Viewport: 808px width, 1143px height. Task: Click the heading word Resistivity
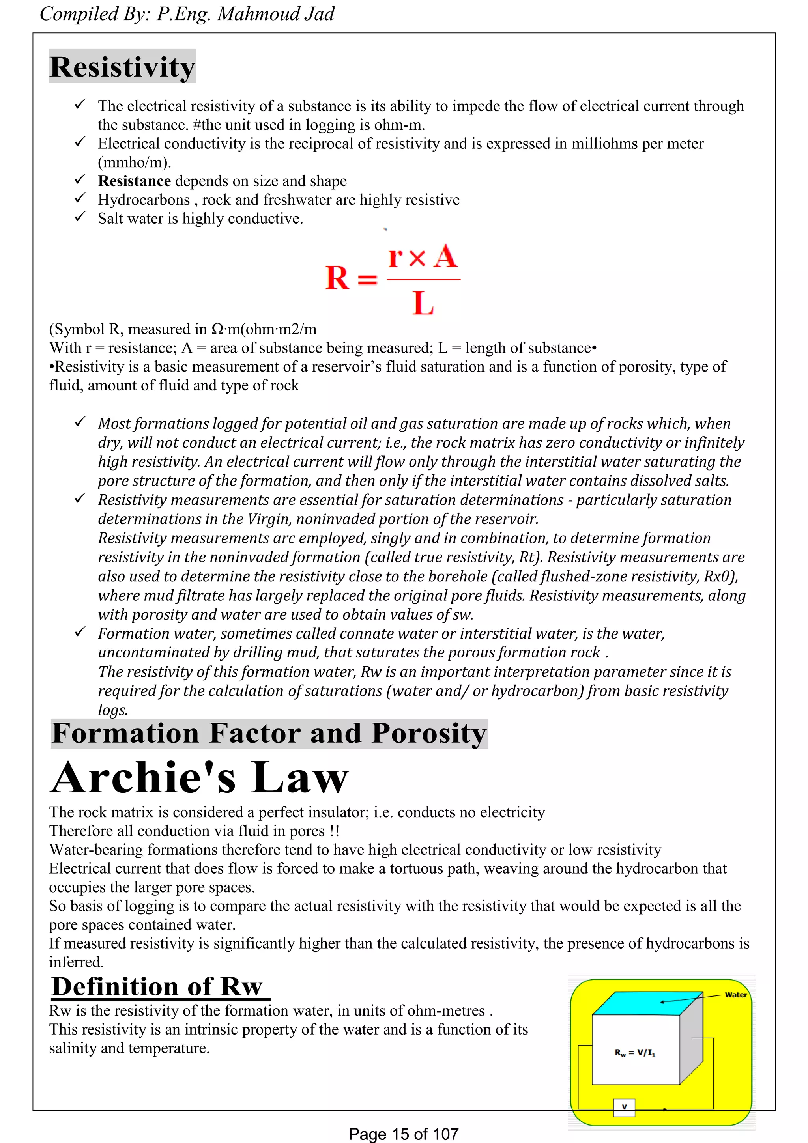point(122,67)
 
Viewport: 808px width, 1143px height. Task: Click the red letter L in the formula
point(423,303)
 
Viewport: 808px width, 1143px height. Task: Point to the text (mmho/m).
point(135,162)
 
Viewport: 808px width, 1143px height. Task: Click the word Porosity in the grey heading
point(428,733)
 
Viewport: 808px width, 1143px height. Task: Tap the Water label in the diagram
point(735,995)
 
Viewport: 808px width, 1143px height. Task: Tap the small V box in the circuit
point(624,1108)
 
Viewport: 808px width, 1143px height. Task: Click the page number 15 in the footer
point(401,1134)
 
